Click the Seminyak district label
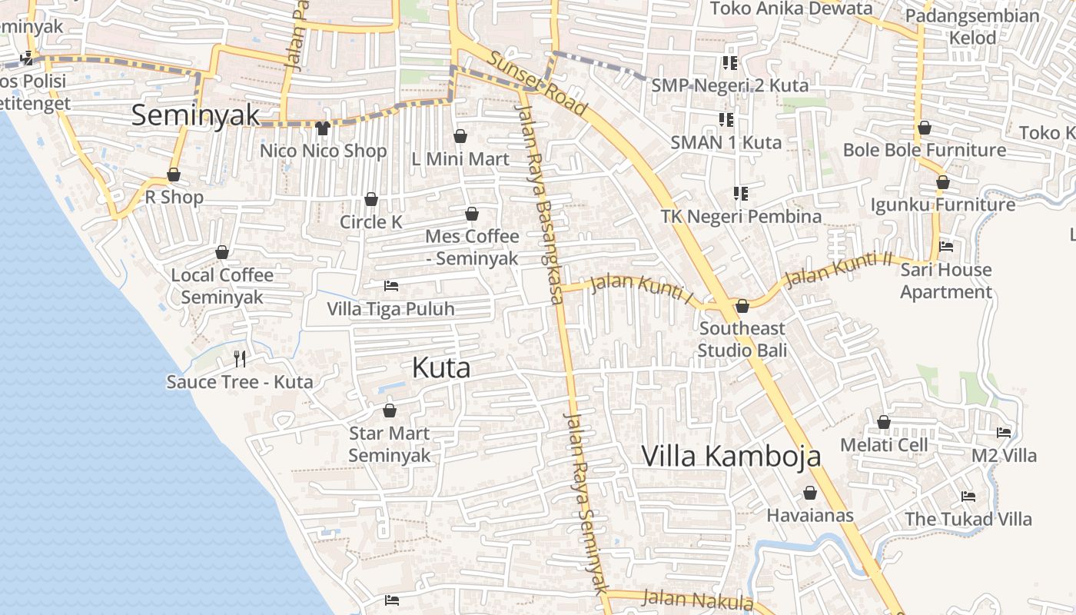click(x=195, y=115)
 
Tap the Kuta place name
click(x=441, y=368)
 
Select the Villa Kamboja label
click(x=731, y=456)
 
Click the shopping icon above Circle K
click(x=371, y=200)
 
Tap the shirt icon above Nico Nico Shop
click(x=322, y=128)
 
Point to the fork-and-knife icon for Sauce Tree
click(x=240, y=358)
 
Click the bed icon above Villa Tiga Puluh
click(x=391, y=286)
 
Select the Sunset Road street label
click(x=537, y=84)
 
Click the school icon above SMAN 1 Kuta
click(x=726, y=120)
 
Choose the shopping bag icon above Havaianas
click(x=810, y=493)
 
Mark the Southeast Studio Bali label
click(x=742, y=339)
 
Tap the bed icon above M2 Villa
click(x=1004, y=433)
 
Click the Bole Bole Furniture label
click(x=925, y=150)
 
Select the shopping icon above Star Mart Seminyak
click(x=390, y=411)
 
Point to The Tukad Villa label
click(x=968, y=519)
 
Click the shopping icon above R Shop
click(x=174, y=175)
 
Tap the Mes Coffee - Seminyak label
click(x=472, y=248)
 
